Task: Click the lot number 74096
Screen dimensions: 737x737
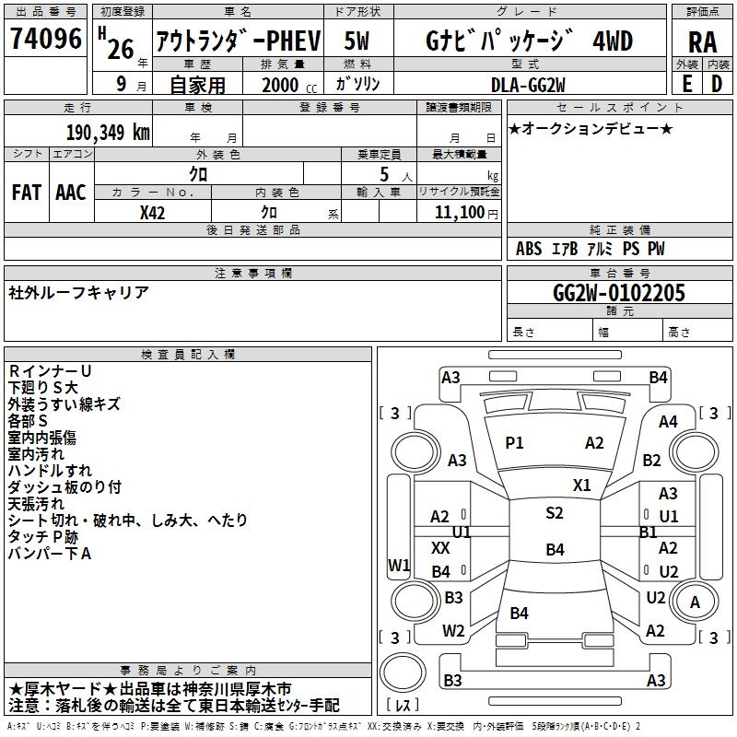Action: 45,40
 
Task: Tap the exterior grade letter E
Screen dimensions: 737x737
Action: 686,83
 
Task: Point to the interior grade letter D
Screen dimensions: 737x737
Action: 717,83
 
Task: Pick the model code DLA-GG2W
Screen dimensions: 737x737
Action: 528,84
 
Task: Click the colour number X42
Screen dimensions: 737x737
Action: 152,211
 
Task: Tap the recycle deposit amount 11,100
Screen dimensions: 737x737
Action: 459,211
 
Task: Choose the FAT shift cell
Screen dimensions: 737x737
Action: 26,193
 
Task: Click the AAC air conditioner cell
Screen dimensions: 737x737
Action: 71,193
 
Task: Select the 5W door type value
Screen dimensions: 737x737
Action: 358,41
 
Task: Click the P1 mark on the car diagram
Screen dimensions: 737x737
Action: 514,443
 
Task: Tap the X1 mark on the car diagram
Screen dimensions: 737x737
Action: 582,485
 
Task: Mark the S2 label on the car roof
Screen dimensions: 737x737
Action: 554,513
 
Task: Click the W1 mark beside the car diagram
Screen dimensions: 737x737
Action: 399,565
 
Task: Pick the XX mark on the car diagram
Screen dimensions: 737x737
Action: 440,547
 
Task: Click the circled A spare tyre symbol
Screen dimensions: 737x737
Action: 696,602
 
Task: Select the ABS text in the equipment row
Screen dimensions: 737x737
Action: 529,249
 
